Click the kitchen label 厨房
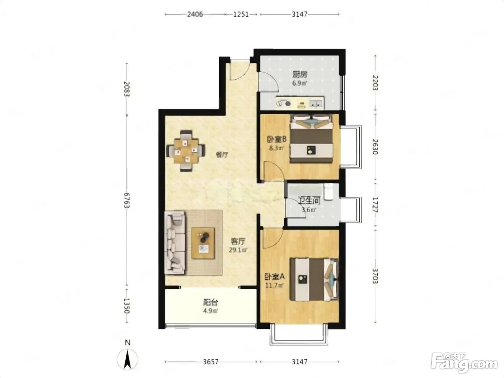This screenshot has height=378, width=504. click(300, 74)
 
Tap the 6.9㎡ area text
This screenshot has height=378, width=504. click(300, 83)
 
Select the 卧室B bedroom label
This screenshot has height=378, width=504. click(277, 139)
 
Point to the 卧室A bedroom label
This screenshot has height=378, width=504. click(274, 277)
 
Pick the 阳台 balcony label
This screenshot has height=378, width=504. click(211, 303)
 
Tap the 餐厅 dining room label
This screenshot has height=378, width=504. click(222, 155)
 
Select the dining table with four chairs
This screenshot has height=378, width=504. click(186, 151)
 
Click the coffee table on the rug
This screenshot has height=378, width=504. click(203, 243)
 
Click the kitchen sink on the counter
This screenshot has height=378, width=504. click(316, 104)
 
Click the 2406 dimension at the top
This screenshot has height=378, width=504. click(195, 14)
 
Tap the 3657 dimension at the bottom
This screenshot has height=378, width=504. click(211, 362)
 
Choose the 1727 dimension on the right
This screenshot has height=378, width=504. click(375, 205)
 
